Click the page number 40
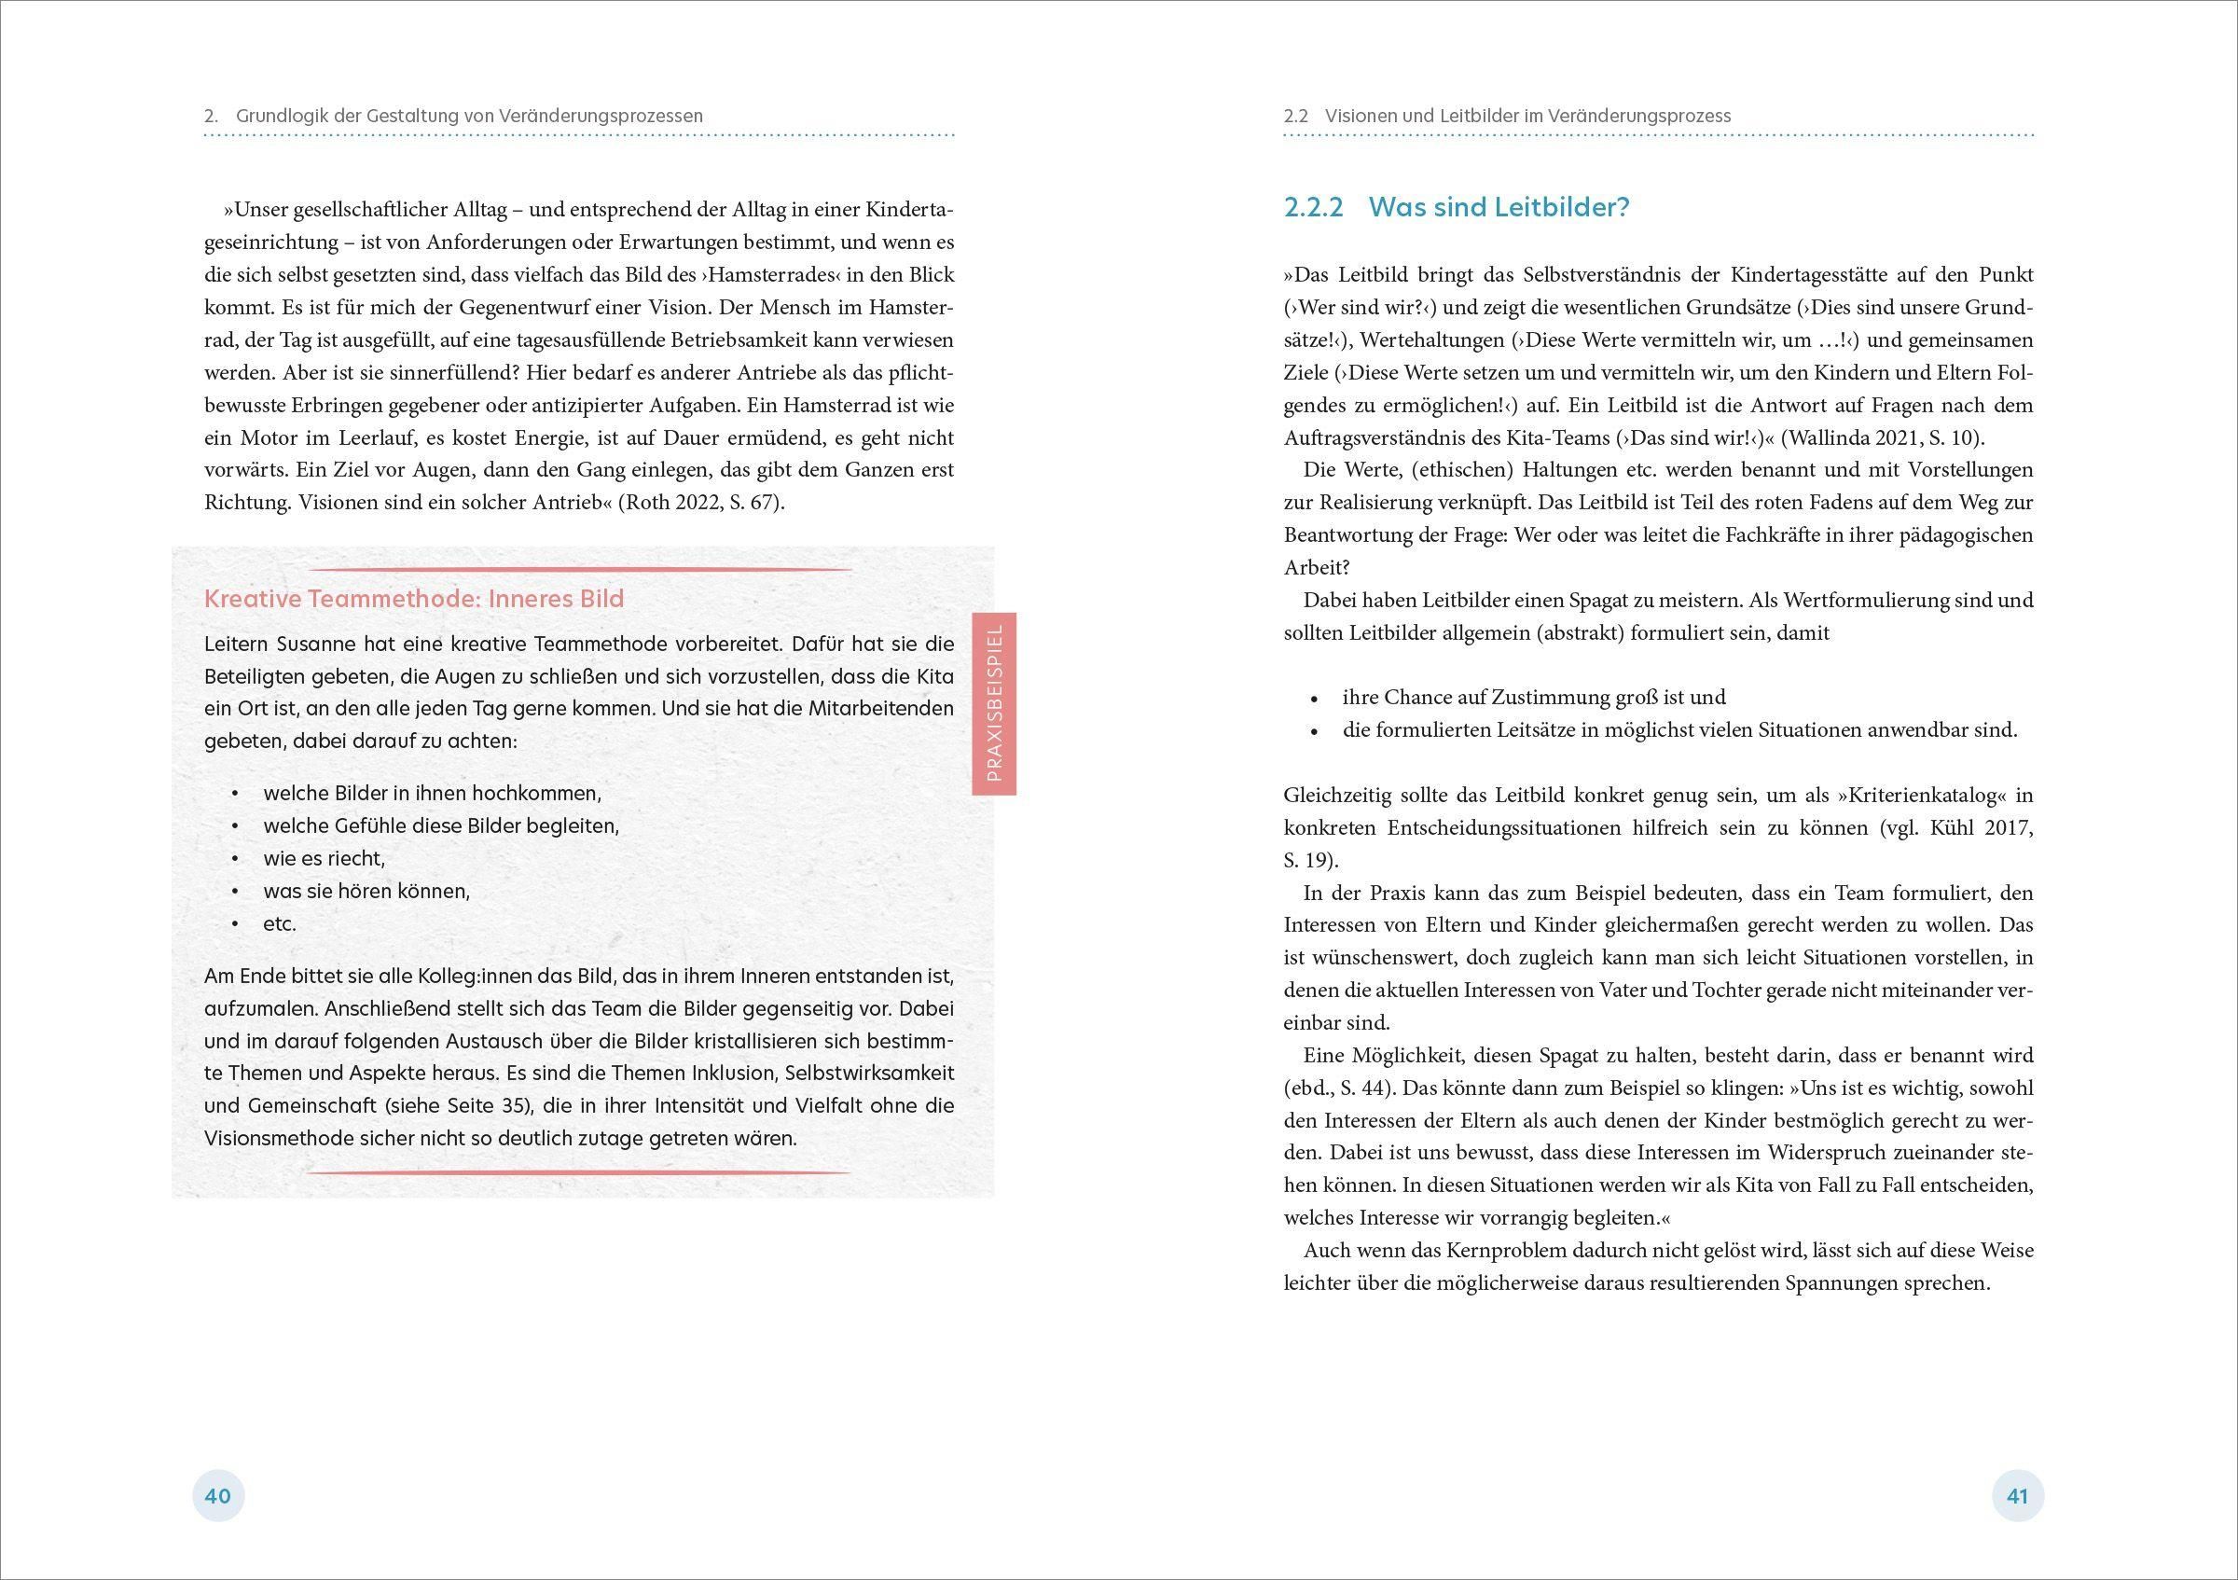[217, 1495]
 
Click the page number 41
[2017, 1495]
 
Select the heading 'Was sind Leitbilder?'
[1499, 207]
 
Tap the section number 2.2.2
[1314, 207]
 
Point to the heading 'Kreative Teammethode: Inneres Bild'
[413, 599]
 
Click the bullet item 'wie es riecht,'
[325, 859]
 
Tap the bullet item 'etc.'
[280, 924]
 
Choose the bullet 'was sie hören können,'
[366, 891]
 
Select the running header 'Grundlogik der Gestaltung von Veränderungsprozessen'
[469, 116]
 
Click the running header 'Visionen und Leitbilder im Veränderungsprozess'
[1527, 116]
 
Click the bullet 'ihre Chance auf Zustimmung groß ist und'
[1533, 697]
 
